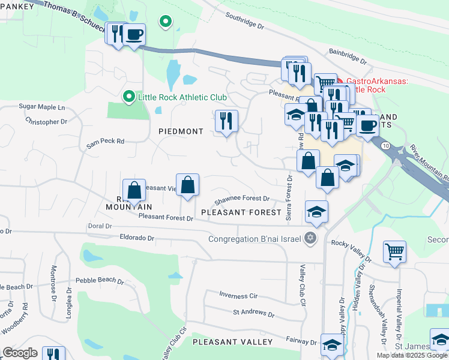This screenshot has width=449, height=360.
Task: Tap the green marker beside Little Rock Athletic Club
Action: (127, 97)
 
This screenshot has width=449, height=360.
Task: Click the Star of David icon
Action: (310, 239)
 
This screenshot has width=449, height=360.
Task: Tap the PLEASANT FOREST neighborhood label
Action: (241, 212)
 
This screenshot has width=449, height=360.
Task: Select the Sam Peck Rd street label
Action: (105, 143)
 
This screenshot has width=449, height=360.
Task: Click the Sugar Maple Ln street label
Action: (41, 107)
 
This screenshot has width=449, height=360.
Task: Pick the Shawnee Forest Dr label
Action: (242, 199)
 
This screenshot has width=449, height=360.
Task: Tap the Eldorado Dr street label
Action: (137, 238)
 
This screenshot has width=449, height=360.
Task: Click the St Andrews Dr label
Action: (253, 314)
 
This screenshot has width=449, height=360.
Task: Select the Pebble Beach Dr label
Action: (99, 280)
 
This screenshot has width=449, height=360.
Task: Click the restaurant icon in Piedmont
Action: (226, 122)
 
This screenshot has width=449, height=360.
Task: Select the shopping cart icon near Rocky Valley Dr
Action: (394, 252)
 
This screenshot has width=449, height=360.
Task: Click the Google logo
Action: (20, 353)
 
